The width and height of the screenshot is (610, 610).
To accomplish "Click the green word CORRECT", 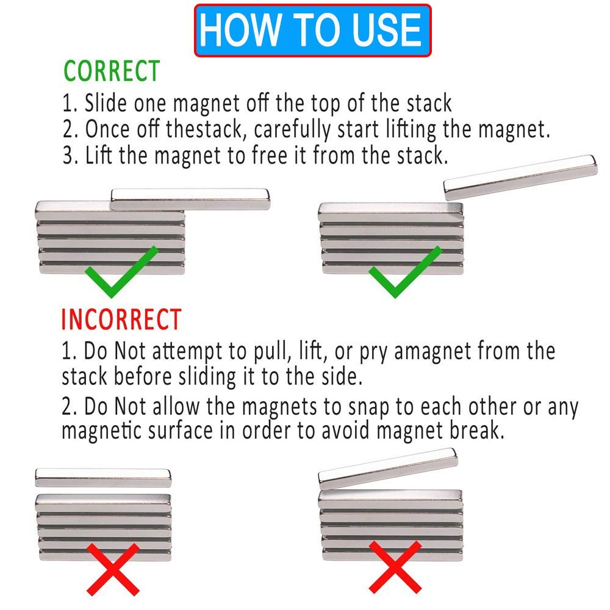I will (112, 71).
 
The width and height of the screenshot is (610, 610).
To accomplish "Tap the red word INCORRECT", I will (121, 320).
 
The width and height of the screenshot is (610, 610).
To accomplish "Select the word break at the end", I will (477, 430).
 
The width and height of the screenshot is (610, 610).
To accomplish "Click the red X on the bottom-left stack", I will (113, 567).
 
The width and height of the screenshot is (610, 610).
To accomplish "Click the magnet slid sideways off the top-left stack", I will (191, 199).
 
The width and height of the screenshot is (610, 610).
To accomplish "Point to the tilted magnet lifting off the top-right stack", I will (520, 178).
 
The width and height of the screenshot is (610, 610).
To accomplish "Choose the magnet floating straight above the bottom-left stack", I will (103, 477).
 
